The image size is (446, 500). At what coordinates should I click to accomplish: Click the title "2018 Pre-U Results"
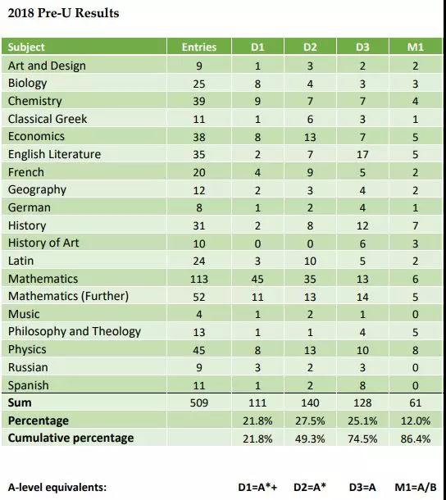tap(63, 13)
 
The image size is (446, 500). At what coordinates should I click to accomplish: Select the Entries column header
tap(199, 48)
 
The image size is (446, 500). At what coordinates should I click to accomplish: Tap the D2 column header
tap(310, 48)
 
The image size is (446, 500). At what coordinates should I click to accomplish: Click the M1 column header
tap(416, 48)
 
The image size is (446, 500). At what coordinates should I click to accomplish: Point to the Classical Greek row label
tap(48, 119)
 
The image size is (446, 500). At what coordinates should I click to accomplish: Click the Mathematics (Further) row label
tap(68, 296)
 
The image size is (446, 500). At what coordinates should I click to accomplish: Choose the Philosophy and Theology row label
tap(75, 332)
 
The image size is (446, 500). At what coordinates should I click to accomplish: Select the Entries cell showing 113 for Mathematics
tap(199, 279)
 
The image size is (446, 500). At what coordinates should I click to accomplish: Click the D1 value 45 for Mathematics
tap(257, 279)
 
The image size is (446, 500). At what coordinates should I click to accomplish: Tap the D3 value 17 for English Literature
tap(362, 155)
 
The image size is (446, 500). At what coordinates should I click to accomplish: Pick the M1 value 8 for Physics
tap(415, 350)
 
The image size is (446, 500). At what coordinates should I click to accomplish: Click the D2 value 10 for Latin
tap(310, 261)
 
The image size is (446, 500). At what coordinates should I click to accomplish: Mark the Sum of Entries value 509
tap(199, 402)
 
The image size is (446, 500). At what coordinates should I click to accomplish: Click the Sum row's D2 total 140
tap(310, 402)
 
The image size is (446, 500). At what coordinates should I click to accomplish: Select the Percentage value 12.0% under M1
tap(416, 421)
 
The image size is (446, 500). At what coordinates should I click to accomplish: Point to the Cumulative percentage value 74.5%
tap(362, 439)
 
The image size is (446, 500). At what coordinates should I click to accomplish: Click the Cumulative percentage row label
tap(71, 439)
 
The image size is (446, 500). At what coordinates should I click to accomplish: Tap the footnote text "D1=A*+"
tap(257, 487)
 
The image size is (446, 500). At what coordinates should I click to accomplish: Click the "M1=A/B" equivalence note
tap(416, 487)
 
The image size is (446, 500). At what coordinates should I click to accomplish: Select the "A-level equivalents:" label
tap(57, 488)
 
